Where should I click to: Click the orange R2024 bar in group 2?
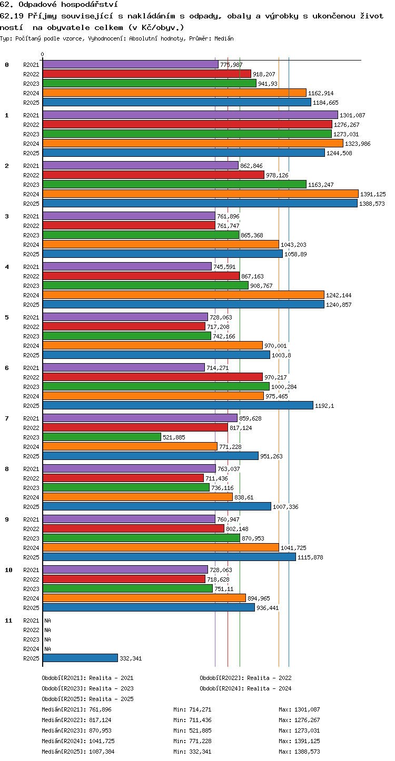201,194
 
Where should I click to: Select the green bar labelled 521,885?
102,437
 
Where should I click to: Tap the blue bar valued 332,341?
80,658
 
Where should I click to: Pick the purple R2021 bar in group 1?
190,115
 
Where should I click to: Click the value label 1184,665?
325,103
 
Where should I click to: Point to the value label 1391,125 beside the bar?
373,194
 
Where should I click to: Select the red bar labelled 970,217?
153,377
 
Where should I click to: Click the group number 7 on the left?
7,418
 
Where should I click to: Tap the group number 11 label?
8,620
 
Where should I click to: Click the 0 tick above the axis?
42,54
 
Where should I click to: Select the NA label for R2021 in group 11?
47,620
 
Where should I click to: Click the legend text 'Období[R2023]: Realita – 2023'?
88,688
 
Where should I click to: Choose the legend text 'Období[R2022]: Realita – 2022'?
246,678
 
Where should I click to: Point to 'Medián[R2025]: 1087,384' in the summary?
78,752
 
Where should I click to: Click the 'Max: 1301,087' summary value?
300,709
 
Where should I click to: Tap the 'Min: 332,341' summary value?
192,752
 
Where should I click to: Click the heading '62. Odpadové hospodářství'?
59,5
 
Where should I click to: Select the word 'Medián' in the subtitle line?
224,38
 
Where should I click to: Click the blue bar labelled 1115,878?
169,557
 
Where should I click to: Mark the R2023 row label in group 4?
31,286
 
